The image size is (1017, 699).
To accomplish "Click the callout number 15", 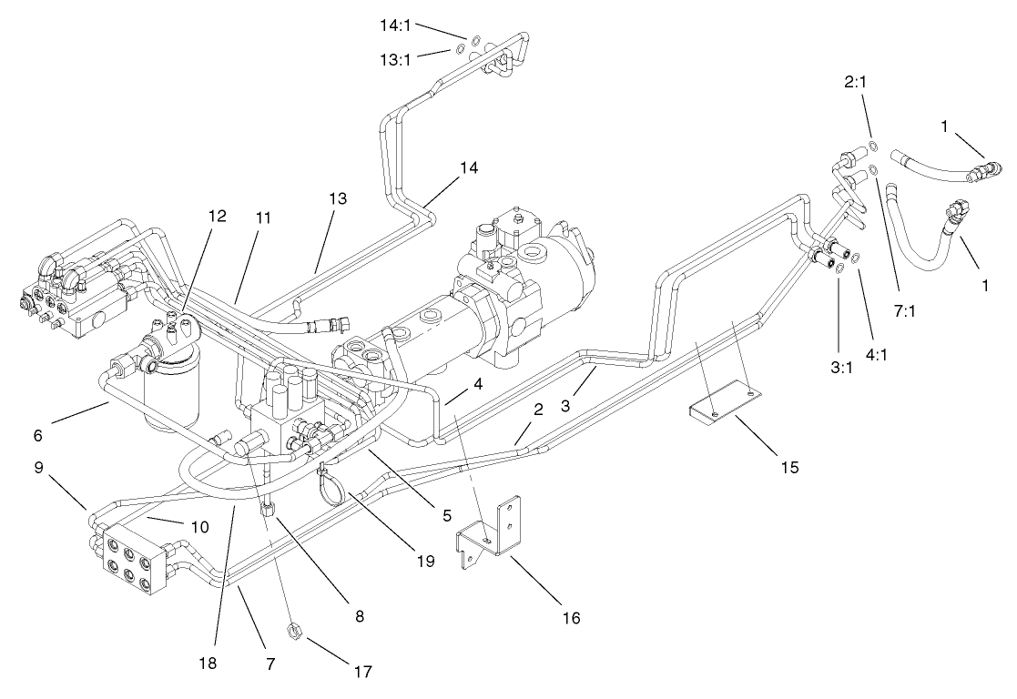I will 788,467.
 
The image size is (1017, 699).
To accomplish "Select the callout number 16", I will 571,618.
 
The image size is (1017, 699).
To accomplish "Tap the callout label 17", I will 362,673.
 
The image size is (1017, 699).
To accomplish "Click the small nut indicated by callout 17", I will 295,628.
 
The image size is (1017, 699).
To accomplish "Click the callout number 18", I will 210,664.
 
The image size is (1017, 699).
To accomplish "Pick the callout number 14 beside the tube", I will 468,167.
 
